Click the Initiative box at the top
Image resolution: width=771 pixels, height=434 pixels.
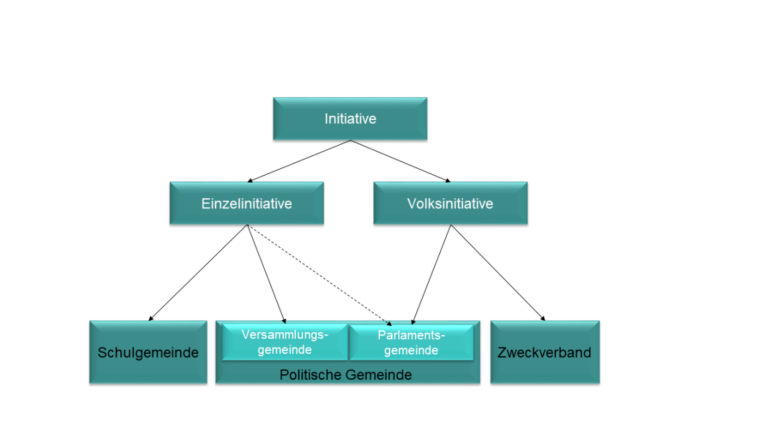[x=349, y=119]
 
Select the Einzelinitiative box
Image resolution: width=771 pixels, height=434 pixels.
[x=246, y=203]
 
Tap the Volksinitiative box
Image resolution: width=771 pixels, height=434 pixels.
[x=450, y=203]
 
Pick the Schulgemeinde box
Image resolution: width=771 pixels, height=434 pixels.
[x=148, y=352]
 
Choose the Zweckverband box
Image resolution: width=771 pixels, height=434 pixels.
[x=544, y=352]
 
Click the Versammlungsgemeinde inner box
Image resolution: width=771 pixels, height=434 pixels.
[x=285, y=342]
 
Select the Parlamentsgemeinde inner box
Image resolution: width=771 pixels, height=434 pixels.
[x=411, y=342]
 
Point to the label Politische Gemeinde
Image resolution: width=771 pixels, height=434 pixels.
[x=345, y=375]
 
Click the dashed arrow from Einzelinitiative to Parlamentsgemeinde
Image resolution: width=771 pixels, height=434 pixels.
[x=318, y=273]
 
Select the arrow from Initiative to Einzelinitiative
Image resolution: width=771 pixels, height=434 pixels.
[x=299, y=161]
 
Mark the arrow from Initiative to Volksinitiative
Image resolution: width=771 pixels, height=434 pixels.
[x=400, y=161]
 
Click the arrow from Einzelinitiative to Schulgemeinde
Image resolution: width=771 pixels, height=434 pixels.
[x=199, y=272]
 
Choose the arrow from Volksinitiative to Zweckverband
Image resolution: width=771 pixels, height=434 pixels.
[x=497, y=271]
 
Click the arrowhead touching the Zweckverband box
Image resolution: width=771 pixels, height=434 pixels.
[x=542, y=318]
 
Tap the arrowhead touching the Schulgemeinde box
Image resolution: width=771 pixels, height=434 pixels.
[x=151, y=318]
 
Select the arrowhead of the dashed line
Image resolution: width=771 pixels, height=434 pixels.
[x=389, y=320]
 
